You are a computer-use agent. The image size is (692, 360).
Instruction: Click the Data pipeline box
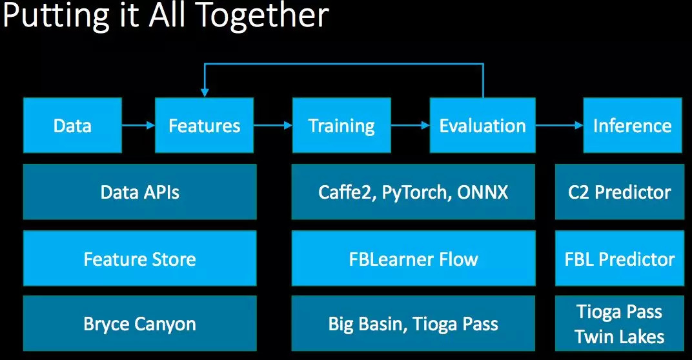[x=72, y=125]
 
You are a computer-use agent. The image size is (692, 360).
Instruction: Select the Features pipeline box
[x=204, y=125]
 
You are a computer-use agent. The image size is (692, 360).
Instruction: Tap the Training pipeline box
[x=341, y=125]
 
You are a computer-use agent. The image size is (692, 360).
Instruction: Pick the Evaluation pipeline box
[x=482, y=125]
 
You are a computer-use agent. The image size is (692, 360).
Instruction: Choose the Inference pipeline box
[x=632, y=125]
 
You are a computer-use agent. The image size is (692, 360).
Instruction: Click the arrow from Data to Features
[x=138, y=126]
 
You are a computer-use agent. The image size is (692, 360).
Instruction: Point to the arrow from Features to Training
[x=273, y=126]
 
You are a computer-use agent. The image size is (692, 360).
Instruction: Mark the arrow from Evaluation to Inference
[x=559, y=126]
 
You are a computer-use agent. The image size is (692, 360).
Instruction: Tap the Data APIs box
[x=139, y=192]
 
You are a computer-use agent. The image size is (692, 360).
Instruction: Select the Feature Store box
[x=139, y=259]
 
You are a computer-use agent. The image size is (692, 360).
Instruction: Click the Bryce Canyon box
[x=139, y=323]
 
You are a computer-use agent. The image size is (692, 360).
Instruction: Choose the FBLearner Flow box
[x=413, y=259]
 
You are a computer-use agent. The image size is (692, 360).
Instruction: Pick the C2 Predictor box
[x=619, y=192]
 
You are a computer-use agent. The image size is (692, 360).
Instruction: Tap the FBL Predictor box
[x=619, y=259]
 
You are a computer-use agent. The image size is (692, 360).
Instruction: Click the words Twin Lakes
[x=619, y=336]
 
